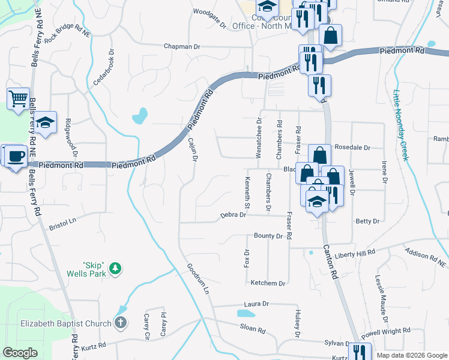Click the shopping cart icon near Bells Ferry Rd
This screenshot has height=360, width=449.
pos(18,98)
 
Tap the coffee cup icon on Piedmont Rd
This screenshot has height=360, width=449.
pos(16,155)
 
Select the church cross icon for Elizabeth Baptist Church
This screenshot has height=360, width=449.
pos(120,323)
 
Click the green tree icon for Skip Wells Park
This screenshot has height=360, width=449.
pos(118,268)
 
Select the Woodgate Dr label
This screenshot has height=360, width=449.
pos(209,27)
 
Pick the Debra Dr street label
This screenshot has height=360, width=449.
pos(234,215)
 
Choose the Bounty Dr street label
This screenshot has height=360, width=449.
pos(268,236)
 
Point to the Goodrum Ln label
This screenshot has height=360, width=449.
pos(197,279)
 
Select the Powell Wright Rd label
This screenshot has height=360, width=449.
pos(386,331)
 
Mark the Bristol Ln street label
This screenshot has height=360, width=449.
pos(63,224)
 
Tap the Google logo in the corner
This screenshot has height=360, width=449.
pos(20,353)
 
